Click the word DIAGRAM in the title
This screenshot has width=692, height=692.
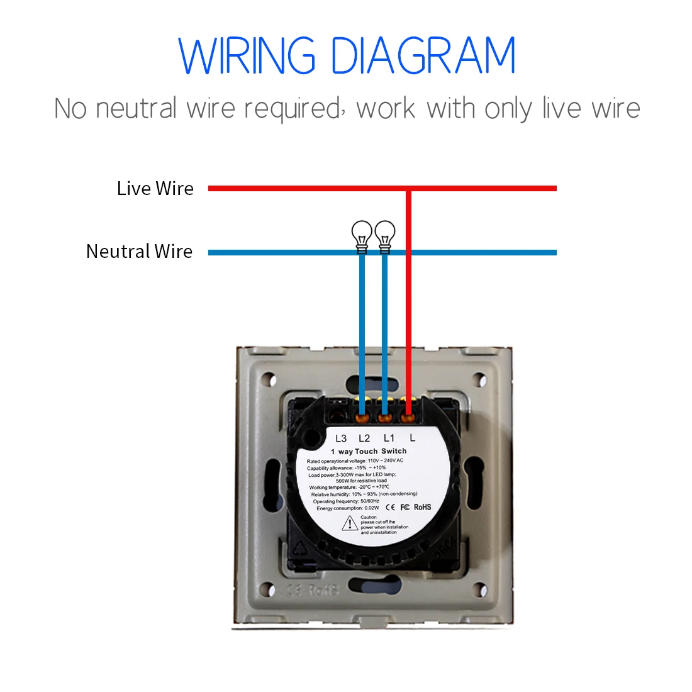(423, 56)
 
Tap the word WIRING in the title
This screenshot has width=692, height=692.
(247, 56)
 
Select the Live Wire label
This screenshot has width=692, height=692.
(155, 188)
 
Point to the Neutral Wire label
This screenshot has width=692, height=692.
(139, 252)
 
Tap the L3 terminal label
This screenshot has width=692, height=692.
(341, 438)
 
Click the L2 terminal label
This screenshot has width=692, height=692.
(364, 438)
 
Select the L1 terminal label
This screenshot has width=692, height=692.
(389, 438)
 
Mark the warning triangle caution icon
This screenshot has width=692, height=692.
(350, 523)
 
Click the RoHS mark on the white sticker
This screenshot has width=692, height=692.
(423, 507)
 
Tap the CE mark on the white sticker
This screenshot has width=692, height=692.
(391, 507)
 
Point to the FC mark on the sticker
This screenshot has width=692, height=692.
(405, 507)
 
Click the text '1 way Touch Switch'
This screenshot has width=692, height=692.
(369, 452)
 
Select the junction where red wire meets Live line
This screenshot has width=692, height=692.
(408, 188)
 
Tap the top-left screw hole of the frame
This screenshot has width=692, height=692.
(269, 380)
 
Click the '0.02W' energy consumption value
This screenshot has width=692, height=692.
(372, 508)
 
